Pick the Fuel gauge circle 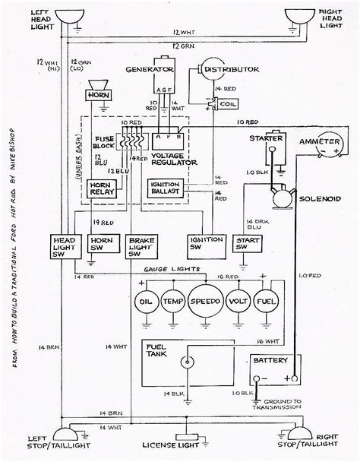pos(265,300)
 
